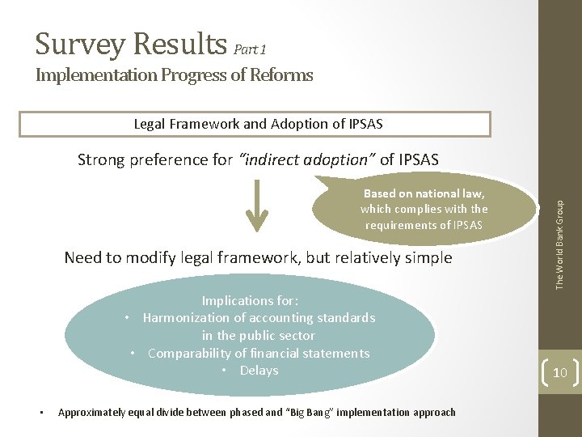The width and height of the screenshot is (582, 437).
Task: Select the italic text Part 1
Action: (x=250, y=49)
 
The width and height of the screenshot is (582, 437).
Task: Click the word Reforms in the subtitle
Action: (x=280, y=76)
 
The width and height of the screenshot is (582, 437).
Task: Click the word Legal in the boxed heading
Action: (x=150, y=124)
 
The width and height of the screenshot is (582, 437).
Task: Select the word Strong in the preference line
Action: (x=102, y=159)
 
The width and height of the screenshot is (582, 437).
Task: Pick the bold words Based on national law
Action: (x=424, y=193)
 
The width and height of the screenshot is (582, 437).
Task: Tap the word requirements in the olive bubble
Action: (x=401, y=225)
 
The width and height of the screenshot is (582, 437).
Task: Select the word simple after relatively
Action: (x=428, y=258)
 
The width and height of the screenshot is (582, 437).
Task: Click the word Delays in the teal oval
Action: (x=259, y=371)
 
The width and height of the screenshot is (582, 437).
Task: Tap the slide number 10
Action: (x=560, y=372)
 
